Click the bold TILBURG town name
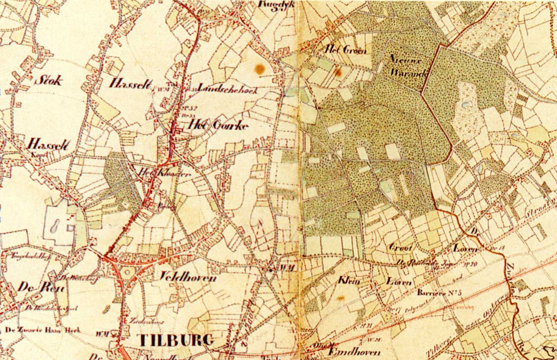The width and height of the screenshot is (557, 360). coord(175,339)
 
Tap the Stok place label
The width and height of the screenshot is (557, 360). coord(48,80)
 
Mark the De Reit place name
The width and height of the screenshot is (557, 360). coord(40,288)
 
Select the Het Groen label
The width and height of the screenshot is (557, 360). coord(345,50)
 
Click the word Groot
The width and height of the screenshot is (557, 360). coord(400,248)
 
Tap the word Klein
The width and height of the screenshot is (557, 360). coord(349,280)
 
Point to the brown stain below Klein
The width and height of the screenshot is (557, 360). coord(340,298)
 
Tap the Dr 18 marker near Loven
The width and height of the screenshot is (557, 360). coord(490,248)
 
